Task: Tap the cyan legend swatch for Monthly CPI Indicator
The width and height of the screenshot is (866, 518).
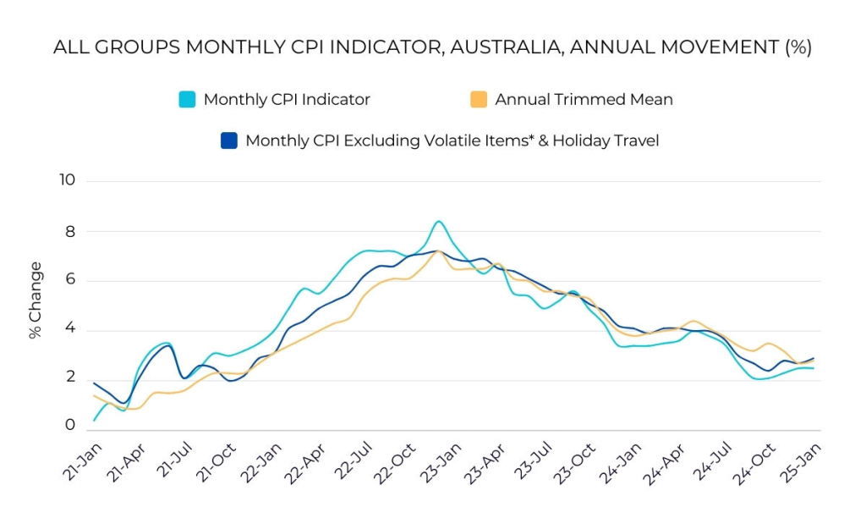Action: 187,99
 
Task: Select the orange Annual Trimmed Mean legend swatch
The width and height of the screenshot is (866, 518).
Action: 479,99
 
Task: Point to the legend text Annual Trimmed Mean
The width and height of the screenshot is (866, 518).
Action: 584,99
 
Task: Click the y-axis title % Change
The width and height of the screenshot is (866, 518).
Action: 36,300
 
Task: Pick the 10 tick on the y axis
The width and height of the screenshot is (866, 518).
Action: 67,180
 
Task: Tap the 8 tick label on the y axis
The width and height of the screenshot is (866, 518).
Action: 70,231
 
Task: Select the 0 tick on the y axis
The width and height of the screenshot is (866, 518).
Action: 70,426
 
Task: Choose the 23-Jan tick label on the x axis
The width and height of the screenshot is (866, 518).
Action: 442,461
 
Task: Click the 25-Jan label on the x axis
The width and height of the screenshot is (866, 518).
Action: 804,461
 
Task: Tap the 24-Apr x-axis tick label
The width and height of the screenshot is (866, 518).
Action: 668,461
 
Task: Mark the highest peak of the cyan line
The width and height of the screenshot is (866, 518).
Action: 438,222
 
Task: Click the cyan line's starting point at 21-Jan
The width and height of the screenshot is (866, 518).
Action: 94,420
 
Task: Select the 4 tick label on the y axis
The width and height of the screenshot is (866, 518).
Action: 70,329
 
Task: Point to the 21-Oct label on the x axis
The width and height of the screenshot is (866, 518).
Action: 216,461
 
